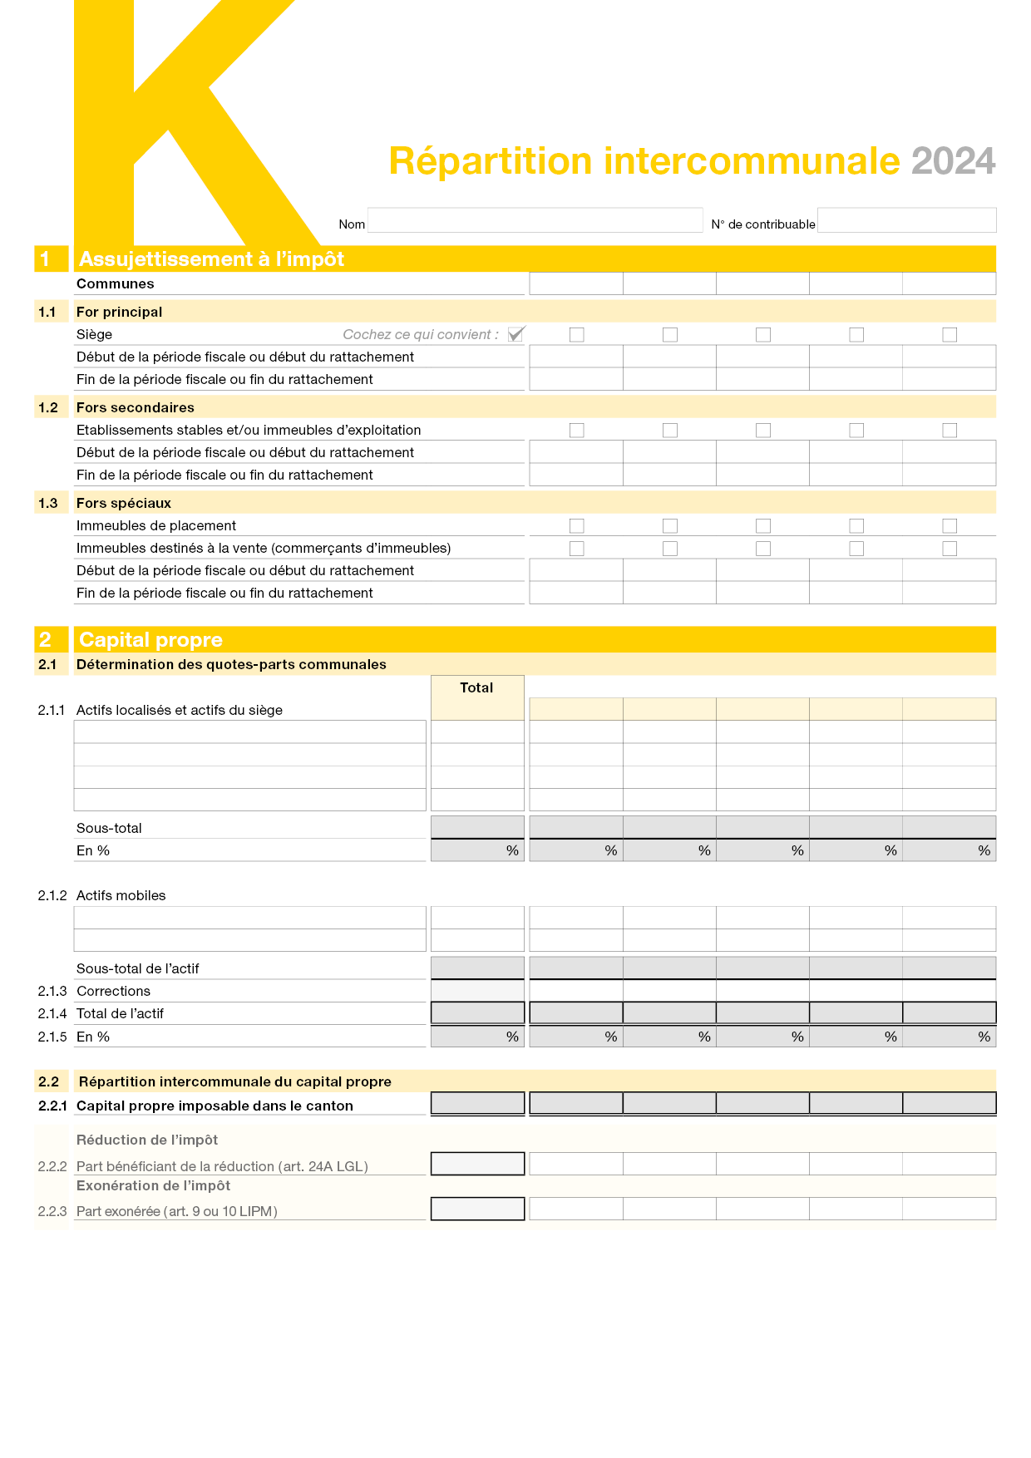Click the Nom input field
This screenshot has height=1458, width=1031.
pyautogui.click(x=535, y=220)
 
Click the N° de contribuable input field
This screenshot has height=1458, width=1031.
pyautogui.click(x=906, y=220)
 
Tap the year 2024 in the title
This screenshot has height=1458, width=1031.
pyautogui.click(x=953, y=161)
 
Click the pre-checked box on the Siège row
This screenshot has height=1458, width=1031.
pyautogui.click(x=516, y=334)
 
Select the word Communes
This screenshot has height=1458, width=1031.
pyautogui.click(x=116, y=283)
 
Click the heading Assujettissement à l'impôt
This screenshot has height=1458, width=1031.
pyautogui.click(x=211, y=259)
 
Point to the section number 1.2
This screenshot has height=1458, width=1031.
pyautogui.click(x=48, y=407)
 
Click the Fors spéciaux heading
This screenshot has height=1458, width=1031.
pyautogui.click(x=124, y=503)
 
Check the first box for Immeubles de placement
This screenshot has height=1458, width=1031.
pyautogui.click(x=577, y=526)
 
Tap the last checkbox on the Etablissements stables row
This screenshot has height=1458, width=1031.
pyautogui.click(x=950, y=431)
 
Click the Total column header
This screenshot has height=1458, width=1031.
pyautogui.click(x=476, y=688)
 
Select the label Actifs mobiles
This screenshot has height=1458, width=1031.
pyautogui.click(x=121, y=895)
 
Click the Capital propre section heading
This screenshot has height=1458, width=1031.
pyautogui.click(x=150, y=639)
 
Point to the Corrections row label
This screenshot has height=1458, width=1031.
pyautogui.click(x=113, y=991)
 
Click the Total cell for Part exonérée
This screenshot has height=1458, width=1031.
pyautogui.click(x=477, y=1209)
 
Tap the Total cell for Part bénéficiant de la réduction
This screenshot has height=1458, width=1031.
pyautogui.click(x=477, y=1164)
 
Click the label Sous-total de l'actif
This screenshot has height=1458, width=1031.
pyautogui.click(x=138, y=968)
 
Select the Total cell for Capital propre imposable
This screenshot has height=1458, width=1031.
pyautogui.click(x=477, y=1103)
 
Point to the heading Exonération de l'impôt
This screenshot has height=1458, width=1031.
pyautogui.click(x=153, y=1185)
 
